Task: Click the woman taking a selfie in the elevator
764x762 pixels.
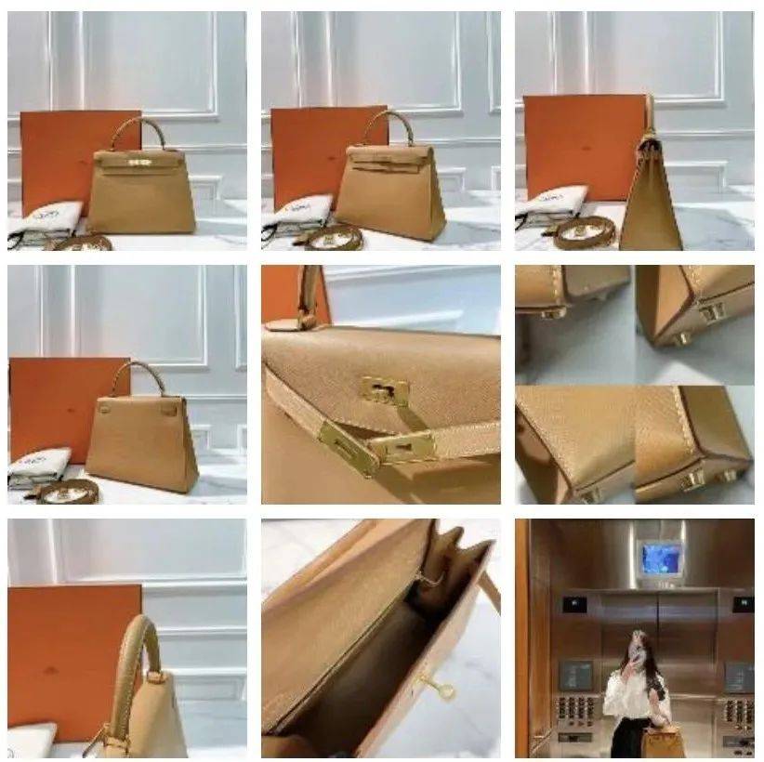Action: point(638,688)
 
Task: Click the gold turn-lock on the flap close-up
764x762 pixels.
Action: point(386,391)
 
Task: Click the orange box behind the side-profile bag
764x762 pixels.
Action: point(581,144)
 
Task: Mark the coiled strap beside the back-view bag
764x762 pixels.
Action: point(67,492)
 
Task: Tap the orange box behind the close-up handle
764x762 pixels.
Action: point(65,650)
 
